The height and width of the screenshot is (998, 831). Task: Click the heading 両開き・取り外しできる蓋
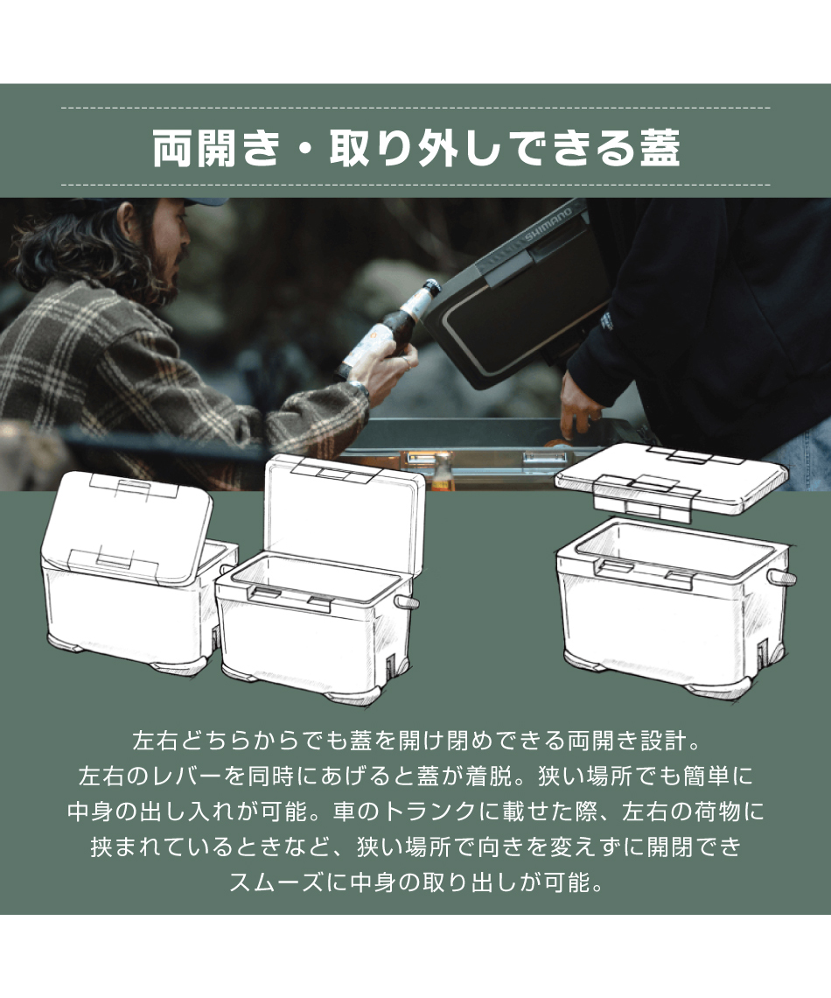click(x=415, y=149)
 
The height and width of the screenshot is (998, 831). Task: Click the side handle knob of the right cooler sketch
click(x=785, y=579)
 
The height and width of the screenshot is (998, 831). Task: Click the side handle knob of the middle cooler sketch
click(x=408, y=603)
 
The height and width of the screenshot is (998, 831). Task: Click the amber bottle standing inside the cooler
click(x=442, y=473)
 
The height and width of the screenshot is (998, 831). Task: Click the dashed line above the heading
click(x=415, y=108)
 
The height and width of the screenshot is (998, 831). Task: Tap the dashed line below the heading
click(x=415, y=185)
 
